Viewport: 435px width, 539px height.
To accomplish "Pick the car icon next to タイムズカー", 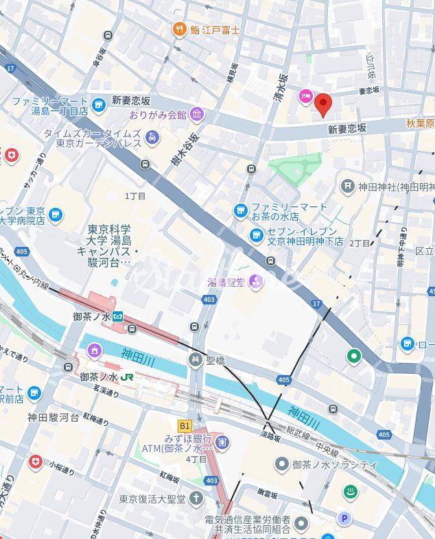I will pos(152,138).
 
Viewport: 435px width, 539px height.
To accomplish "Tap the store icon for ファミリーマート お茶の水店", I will pos(241,211).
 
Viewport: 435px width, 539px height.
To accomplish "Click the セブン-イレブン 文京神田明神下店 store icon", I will pos(256,236).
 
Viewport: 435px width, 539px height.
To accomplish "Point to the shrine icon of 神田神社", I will pos(349,185).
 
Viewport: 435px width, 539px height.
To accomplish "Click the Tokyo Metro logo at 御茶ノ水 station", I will pos(119,316).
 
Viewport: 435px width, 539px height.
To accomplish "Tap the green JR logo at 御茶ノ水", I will pos(127,377).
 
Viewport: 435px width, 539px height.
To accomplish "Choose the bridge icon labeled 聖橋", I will pos(196,360).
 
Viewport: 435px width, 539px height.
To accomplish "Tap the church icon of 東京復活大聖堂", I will pos(197,498).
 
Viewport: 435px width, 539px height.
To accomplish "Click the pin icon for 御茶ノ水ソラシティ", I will pos(281,464).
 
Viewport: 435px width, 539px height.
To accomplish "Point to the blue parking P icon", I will pos(346,518).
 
